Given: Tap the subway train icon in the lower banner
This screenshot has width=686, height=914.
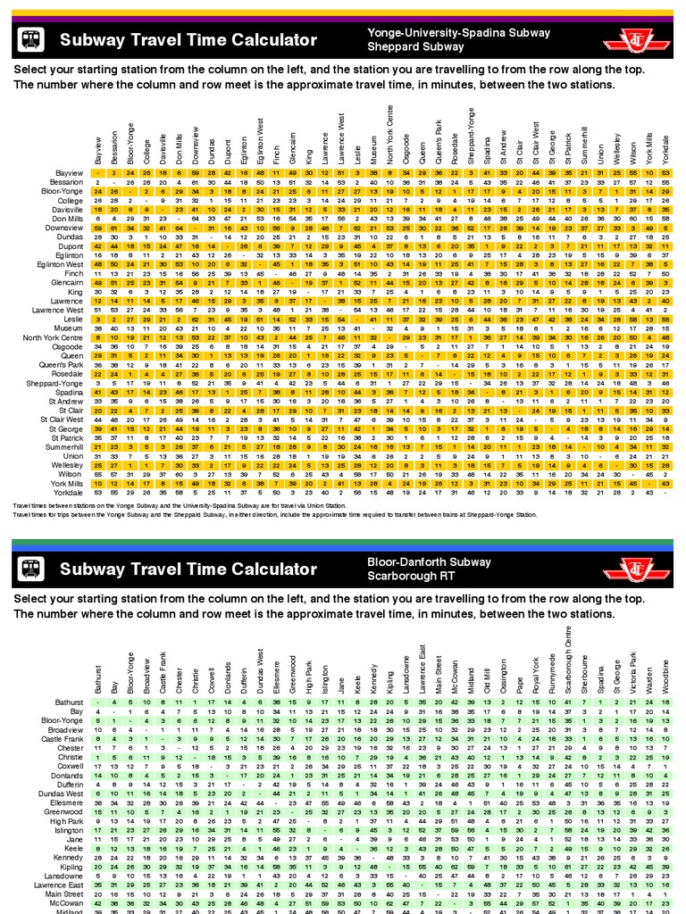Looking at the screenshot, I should click(32, 568).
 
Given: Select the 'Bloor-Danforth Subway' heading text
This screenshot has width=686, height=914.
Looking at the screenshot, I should click(429, 562).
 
